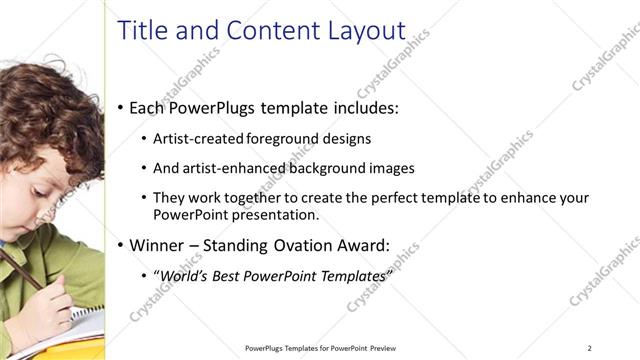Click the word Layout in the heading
pos(367,31)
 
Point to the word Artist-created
pos(194,138)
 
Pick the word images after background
pos(390,168)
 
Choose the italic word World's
pos(182,275)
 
